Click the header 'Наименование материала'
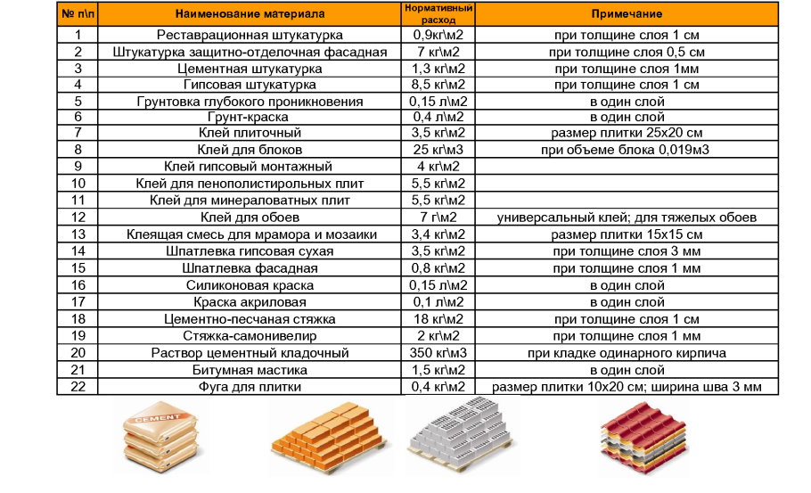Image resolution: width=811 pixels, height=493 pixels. [x=250, y=14]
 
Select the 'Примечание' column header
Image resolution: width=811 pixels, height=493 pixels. [x=626, y=14]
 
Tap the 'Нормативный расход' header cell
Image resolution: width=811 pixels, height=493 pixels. [x=439, y=13]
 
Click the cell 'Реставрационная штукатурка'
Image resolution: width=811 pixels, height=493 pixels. [x=250, y=35]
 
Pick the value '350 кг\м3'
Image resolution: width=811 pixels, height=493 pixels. [x=439, y=353]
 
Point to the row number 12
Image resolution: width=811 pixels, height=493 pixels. [x=78, y=217]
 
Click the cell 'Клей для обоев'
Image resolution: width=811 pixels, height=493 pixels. [x=250, y=217]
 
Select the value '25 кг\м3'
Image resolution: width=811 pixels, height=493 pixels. [x=439, y=150]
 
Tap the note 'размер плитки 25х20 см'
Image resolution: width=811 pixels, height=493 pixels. [x=626, y=133]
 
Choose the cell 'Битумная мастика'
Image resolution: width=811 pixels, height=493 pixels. [x=250, y=370]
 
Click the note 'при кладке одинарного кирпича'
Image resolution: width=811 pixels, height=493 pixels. [x=626, y=353]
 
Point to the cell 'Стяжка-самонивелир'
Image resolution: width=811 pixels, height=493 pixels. [x=250, y=336]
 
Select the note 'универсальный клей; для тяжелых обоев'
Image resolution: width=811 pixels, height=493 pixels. [x=626, y=217]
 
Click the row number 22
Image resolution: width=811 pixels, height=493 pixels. [x=78, y=387]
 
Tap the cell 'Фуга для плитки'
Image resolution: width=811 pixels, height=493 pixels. [x=250, y=387]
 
